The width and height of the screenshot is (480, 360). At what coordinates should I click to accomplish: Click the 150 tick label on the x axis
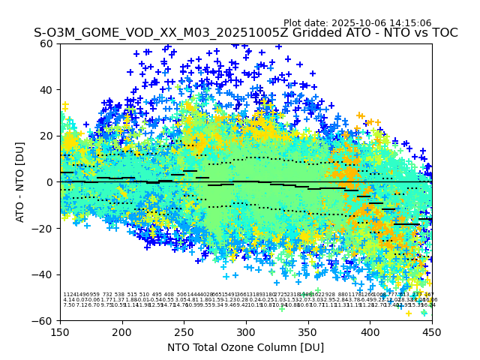pos(60,331)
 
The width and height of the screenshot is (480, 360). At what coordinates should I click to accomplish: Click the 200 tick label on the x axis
pos(122,331)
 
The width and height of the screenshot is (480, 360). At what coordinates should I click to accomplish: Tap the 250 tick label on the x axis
pos(184,331)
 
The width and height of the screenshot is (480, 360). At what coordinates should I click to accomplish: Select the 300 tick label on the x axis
pos(246,331)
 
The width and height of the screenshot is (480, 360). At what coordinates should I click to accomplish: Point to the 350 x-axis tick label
pos(308,331)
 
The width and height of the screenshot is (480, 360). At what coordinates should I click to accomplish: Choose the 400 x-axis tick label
pos(370,331)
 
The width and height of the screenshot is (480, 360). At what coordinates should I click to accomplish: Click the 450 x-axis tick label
pos(432,331)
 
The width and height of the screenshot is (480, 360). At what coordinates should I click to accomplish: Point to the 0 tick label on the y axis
pos(50,182)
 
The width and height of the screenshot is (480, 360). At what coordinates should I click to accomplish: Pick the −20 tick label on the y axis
pos(44,228)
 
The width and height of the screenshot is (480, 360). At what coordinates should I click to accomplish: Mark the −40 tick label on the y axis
pos(44,274)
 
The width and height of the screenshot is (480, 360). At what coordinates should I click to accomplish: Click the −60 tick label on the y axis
pos(44,320)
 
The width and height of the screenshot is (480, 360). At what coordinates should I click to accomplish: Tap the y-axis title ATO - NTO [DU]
pos(20,182)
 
